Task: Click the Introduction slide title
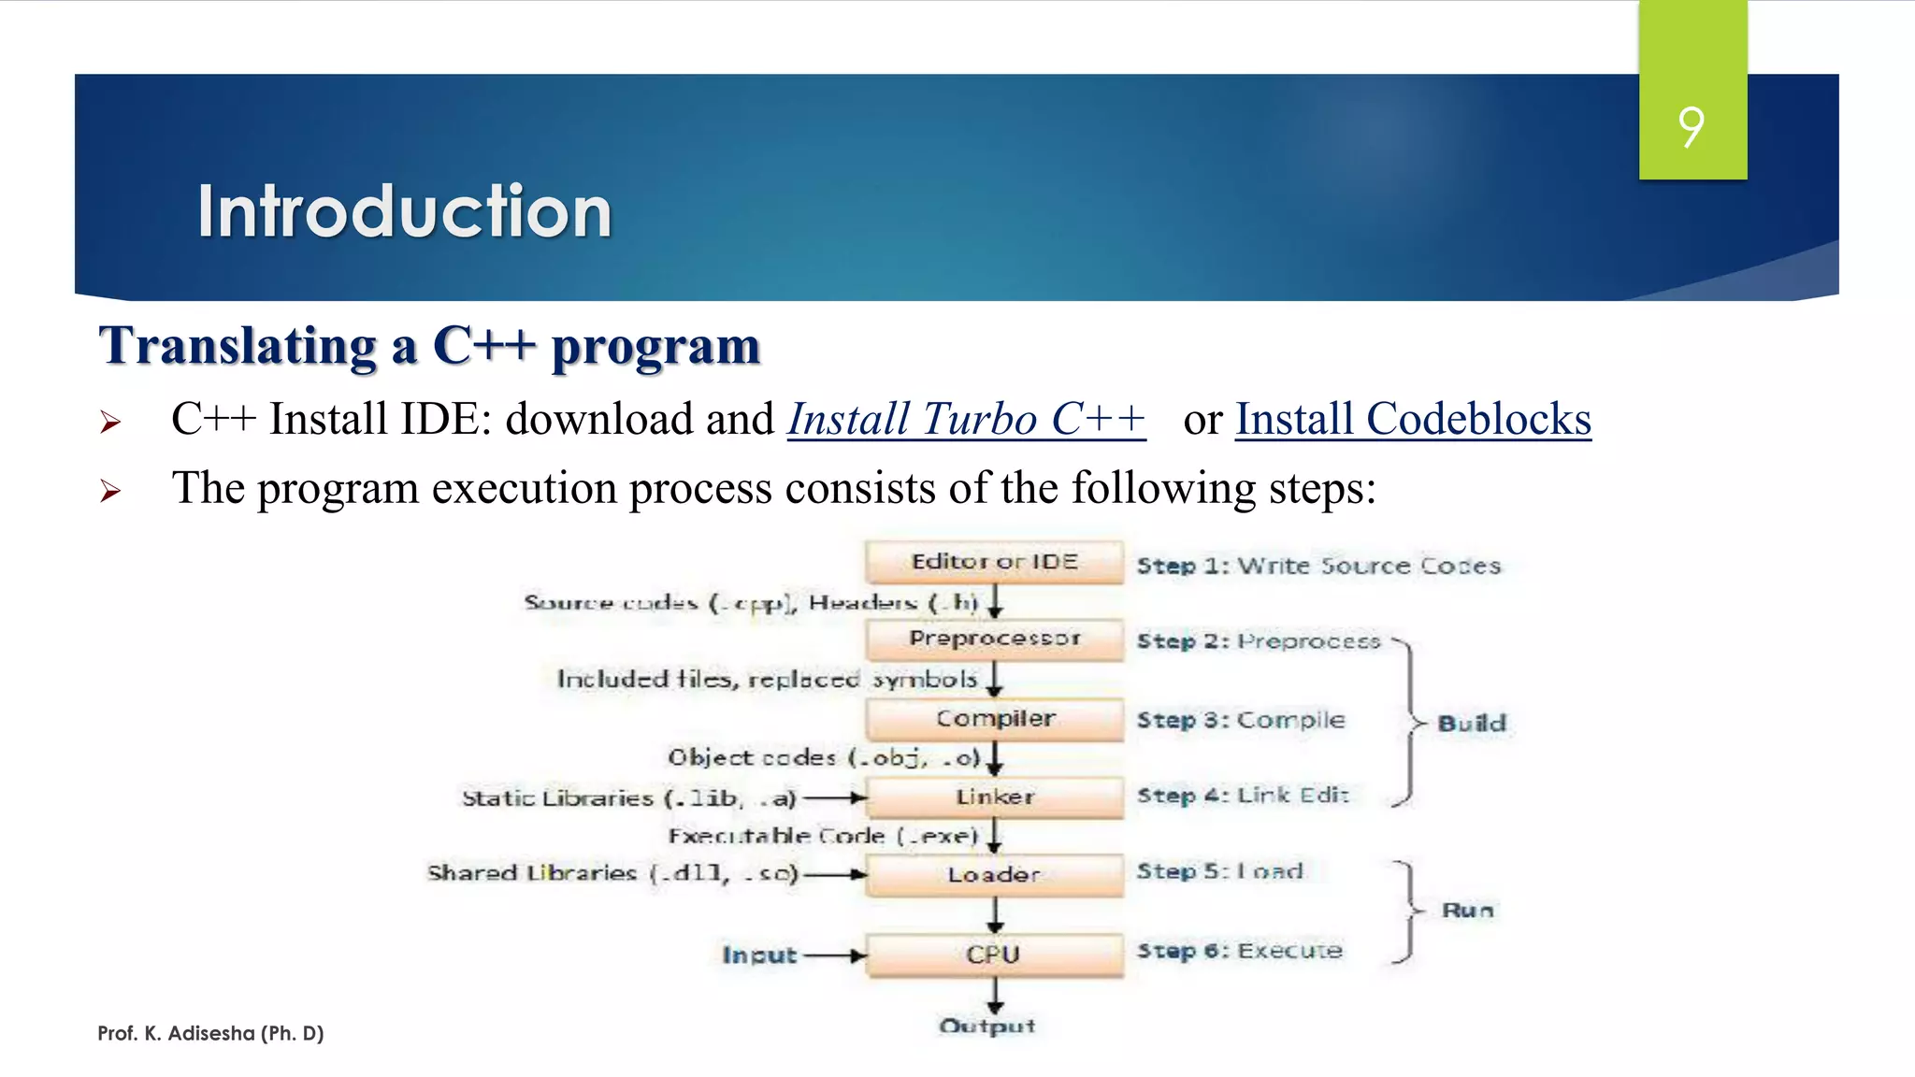404,211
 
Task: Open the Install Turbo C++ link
966,419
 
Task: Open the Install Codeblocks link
1413,419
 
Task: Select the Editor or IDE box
994,562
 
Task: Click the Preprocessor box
994,639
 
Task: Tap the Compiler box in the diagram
994,718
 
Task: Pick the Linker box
994,797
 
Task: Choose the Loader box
994,874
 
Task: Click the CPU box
994,955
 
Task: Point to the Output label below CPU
987,1027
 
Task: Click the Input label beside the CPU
759,955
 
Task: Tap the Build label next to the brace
1472,723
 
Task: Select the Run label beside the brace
1467,910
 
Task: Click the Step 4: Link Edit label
1243,796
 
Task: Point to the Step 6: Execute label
1239,951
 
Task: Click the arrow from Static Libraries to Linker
834,797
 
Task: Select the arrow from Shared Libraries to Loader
834,875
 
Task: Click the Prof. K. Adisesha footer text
210,1033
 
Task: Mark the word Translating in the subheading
238,346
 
